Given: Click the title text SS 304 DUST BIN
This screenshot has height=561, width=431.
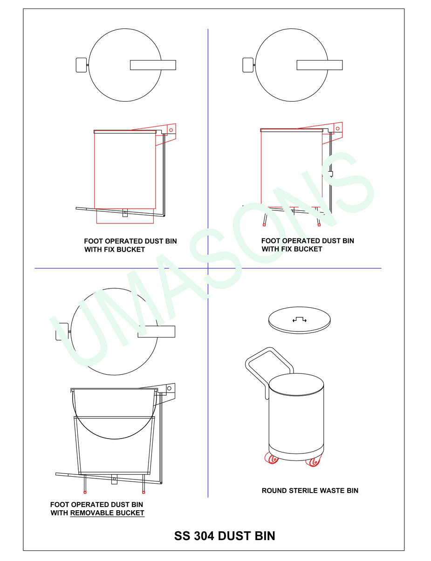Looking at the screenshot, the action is click(x=224, y=536).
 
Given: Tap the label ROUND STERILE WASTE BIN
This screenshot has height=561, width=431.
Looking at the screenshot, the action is click(x=310, y=491).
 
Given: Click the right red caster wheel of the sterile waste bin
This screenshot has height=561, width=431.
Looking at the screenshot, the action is click(x=314, y=461).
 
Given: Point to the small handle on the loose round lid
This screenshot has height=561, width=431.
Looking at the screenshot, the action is click(x=299, y=319).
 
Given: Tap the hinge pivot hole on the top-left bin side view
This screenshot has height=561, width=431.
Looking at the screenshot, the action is click(x=171, y=130).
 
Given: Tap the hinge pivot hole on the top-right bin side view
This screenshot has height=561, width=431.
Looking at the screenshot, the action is click(x=337, y=128).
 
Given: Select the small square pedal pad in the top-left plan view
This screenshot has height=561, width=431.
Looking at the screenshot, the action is click(x=81, y=65).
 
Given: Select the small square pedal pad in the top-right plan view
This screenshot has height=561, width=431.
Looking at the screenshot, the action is click(x=248, y=65).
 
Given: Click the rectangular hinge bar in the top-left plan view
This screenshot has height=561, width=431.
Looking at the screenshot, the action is click(x=153, y=65).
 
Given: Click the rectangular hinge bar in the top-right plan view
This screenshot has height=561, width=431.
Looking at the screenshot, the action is click(x=320, y=65).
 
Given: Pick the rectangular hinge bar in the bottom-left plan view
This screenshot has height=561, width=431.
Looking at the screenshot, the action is click(x=157, y=331).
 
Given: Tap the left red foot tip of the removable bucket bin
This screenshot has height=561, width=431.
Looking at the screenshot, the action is click(x=85, y=492).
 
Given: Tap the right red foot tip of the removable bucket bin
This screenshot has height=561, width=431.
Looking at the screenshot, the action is click(x=144, y=492).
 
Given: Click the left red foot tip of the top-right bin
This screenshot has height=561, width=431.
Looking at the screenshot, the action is click(x=264, y=225).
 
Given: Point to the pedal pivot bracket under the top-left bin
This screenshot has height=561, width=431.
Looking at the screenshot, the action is click(x=125, y=213).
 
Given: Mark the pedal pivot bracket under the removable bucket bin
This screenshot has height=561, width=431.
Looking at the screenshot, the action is click(x=114, y=479).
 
